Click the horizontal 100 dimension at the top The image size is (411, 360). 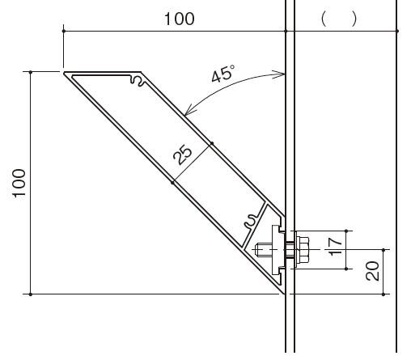(180, 19)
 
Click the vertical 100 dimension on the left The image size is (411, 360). (19, 184)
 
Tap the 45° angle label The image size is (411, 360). (222, 74)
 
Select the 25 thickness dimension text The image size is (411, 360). (183, 155)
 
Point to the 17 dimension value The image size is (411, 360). (335, 248)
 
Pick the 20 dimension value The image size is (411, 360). (372, 271)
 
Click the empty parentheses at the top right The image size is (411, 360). (339, 19)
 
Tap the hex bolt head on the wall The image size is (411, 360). (302, 249)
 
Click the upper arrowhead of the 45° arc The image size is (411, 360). (279, 74)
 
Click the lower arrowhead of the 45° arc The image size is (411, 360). (189, 110)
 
